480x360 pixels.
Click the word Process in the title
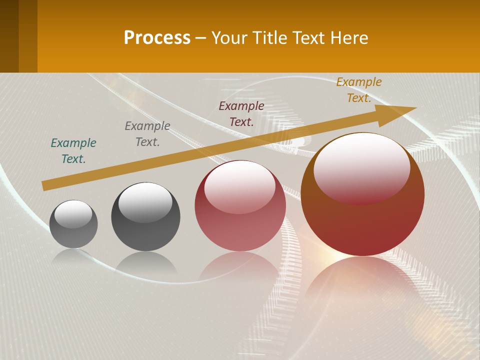point(157,38)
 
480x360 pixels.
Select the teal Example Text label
point(73,151)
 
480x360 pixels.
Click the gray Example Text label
point(147,134)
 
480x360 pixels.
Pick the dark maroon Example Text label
point(241,113)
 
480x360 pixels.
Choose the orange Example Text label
point(359,90)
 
